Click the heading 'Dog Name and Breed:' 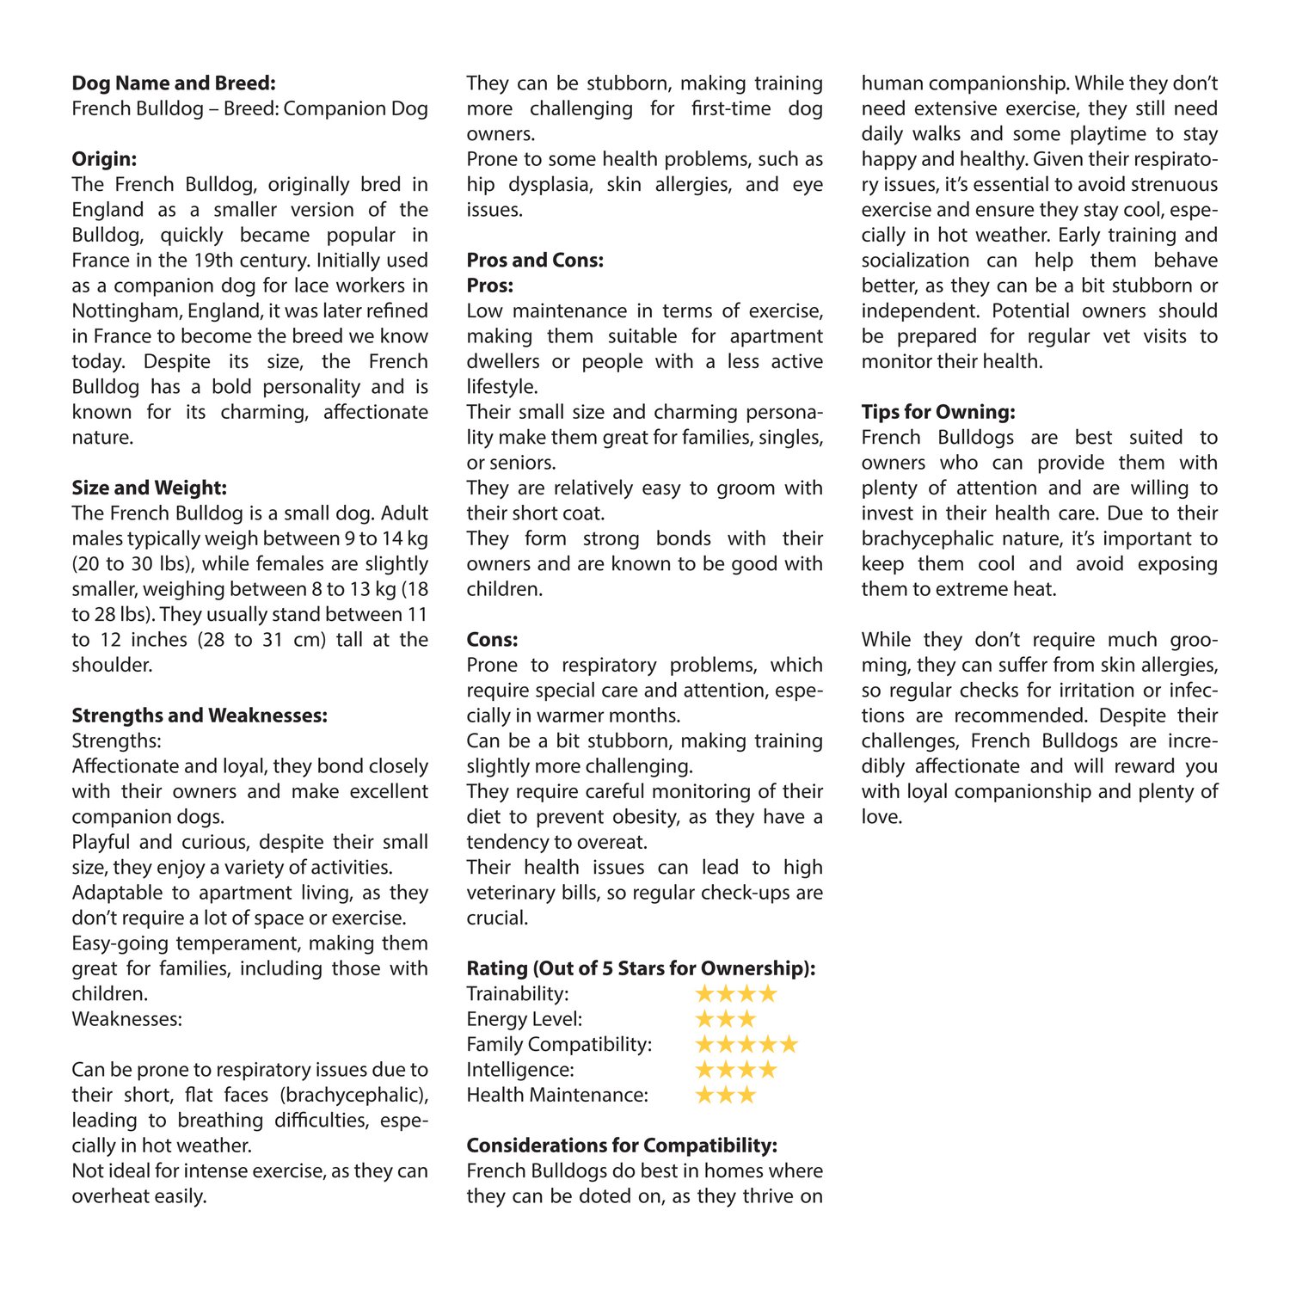click(x=173, y=83)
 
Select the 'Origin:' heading click(x=104, y=159)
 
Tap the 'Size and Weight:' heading click(x=149, y=488)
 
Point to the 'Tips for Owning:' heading click(x=938, y=412)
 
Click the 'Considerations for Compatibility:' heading click(x=622, y=1146)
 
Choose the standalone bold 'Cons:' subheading click(x=492, y=640)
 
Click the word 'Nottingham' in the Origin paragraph click(x=126, y=310)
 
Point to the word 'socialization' click(x=915, y=261)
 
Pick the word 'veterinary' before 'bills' click(x=510, y=893)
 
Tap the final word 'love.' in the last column click(x=881, y=817)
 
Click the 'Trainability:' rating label click(x=518, y=994)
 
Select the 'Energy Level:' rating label click(x=525, y=1019)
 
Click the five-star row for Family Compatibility click(x=746, y=1045)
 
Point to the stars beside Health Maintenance click(x=725, y=1096)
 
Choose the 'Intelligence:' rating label click(x=520, y=1070)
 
